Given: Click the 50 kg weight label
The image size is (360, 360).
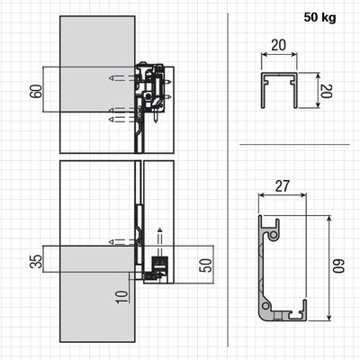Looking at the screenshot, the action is [319, 17].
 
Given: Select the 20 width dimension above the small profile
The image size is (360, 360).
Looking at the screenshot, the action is [278, 45].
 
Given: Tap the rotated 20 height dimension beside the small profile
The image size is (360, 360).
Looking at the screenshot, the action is [326, 91].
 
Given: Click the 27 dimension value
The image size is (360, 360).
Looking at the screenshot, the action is [282, 186].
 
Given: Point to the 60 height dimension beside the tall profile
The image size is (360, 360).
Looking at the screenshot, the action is [338, 266].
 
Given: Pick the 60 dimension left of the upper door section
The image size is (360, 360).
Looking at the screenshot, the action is [36, 91].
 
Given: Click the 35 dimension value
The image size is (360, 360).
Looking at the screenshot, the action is [36, 261].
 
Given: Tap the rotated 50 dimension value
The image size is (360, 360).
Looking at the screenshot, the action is [206, 265].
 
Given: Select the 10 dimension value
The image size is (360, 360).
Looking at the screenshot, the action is [121, 297].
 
